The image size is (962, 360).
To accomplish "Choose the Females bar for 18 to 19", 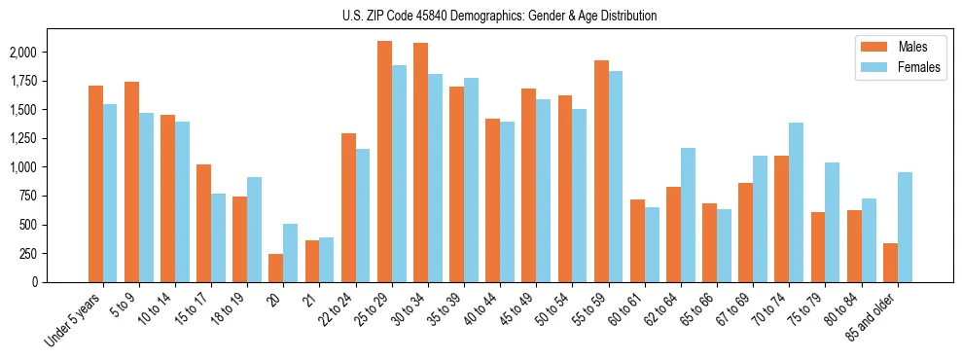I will click(254, 230).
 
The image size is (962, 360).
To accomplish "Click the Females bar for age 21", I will click(327, 260).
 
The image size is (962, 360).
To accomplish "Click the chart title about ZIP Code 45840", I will click(500, 16).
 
